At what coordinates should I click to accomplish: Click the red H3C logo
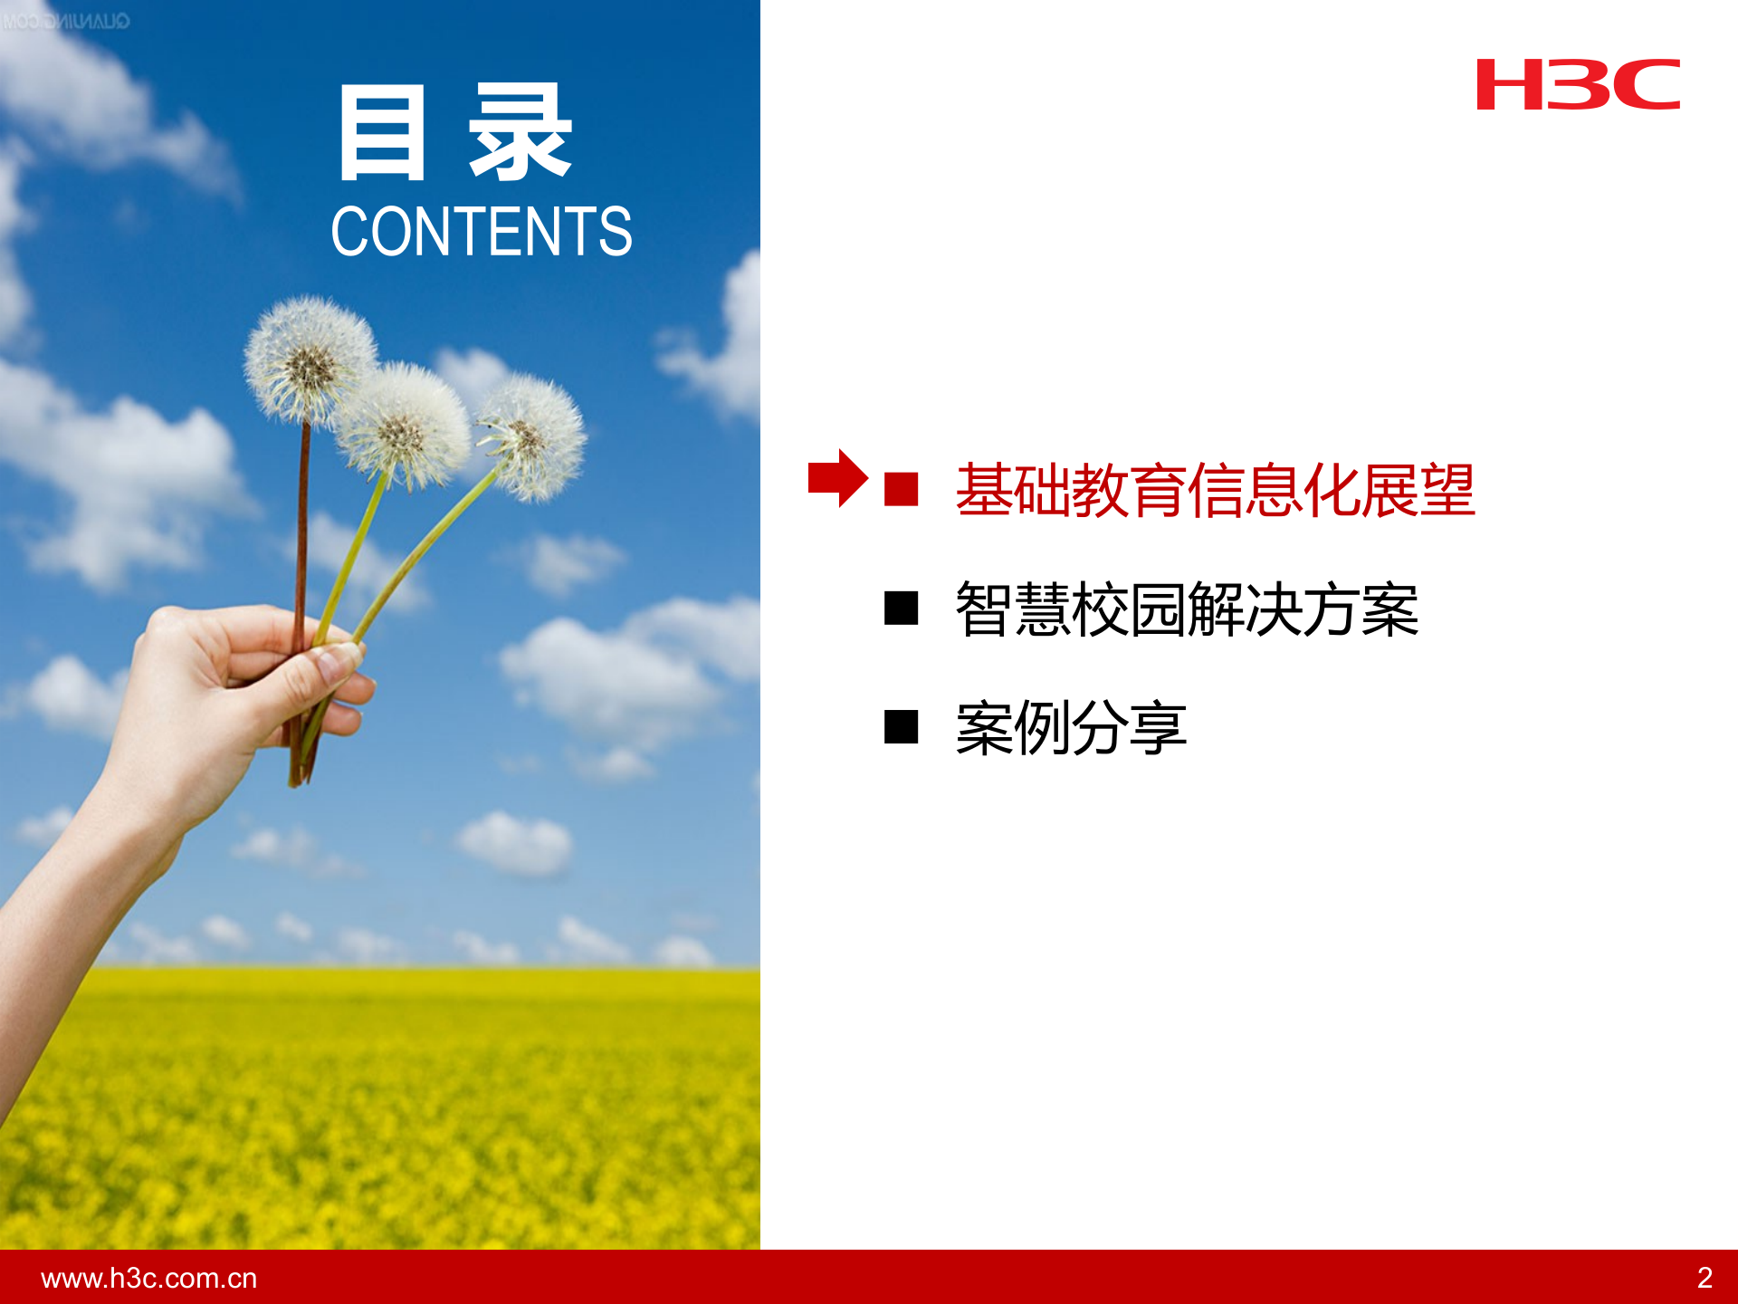pos(1578,85)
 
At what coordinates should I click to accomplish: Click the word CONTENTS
pos(481,231)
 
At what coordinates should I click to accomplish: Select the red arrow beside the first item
pos(837,478)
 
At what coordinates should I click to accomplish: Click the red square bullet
pos(901,489)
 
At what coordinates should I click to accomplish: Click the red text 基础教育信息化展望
pos(1215,490)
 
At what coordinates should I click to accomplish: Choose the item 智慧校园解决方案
pos(1186,609)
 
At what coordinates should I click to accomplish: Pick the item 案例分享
pos(1071,727)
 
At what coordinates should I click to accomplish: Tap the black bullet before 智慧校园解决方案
pos(901,609)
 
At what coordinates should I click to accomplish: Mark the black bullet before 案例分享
pos(901,726)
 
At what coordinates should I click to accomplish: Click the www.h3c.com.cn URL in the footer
pos(149,1278)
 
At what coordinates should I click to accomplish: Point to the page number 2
pos(1705,1278)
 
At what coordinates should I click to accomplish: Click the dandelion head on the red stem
pos(310,360)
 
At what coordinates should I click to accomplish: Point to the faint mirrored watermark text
pos(65,21)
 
